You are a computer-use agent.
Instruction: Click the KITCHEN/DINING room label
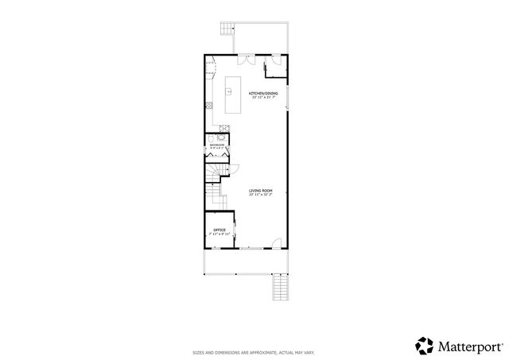(265, 94)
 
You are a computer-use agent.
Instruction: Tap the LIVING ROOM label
(261, 191)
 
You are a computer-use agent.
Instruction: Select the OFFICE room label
(219, 230)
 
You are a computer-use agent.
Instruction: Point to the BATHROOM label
(216, 144)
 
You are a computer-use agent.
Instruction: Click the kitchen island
(233, 95)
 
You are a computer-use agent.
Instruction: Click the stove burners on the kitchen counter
(208, 106)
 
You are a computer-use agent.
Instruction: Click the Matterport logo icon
(424, 345)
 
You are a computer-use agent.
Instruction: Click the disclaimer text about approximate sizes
(254, 350)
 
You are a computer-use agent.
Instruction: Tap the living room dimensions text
(261, 195)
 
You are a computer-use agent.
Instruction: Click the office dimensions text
(219, 234)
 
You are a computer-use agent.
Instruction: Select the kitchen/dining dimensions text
(265, 98)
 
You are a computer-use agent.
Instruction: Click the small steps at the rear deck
(224, 33)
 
